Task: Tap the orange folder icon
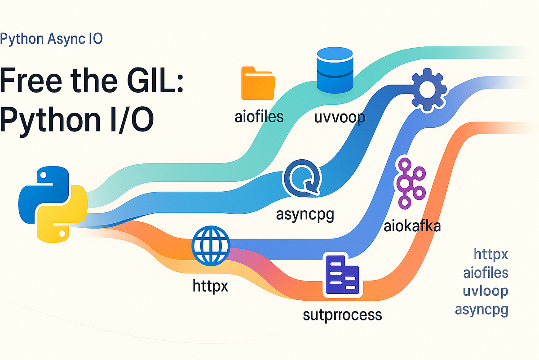click(x=258, y=83)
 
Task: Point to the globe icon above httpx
click(x=211, y=245)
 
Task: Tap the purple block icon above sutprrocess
click(x=341, y=276)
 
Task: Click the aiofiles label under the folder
click(x=259, y=117)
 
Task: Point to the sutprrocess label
click(x=343, y=314)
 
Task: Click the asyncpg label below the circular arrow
click(x=305, y=214)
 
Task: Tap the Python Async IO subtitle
click(x=52, y=39)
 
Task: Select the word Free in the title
click(x=31, y=81)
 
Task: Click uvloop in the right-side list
click(x=485, y=291)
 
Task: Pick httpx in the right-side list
click(x=491, y=254)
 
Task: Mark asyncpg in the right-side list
click(x=482, y=310)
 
